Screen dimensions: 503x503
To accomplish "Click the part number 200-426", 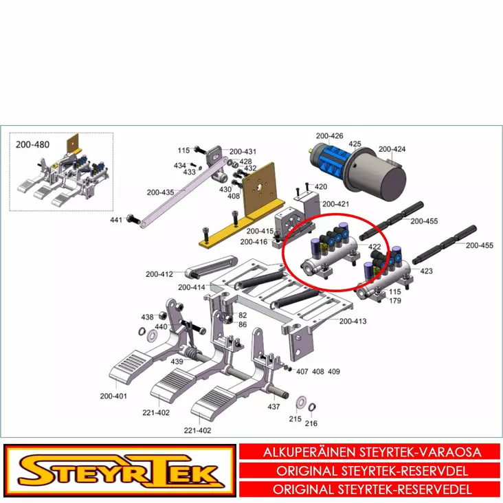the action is (x=329, y=136).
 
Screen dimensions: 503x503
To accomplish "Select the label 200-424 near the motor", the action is (x=392, y=149).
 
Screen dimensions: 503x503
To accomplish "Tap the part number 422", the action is (x=375, y=247).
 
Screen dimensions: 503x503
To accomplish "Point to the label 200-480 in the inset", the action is (x=32, y=145).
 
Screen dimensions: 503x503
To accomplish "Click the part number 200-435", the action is (x=160, y=192).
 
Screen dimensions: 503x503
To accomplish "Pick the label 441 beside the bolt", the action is (x=116, y=220).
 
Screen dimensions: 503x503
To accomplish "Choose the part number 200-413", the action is (x=353, y=321).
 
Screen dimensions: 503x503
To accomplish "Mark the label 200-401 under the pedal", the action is (x=113, y=396).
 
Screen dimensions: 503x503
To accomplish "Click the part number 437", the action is (x=273, y=407).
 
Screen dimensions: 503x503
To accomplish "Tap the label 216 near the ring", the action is (x=311, y=423).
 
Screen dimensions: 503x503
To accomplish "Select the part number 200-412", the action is (x=159, y=274).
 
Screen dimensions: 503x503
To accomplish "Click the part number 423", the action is (x=426, y=271).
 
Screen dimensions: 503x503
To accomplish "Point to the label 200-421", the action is (x=335, y=204).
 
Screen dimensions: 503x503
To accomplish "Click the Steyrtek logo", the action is (x=120, y=471).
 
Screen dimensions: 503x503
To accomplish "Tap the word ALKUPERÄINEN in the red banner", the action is (x=309, y=452).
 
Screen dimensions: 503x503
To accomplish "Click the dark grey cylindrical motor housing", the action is (x=378, y=175).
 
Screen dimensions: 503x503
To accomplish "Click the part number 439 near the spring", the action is (x=177, y=362).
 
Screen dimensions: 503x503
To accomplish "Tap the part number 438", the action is (x=147, y=317).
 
